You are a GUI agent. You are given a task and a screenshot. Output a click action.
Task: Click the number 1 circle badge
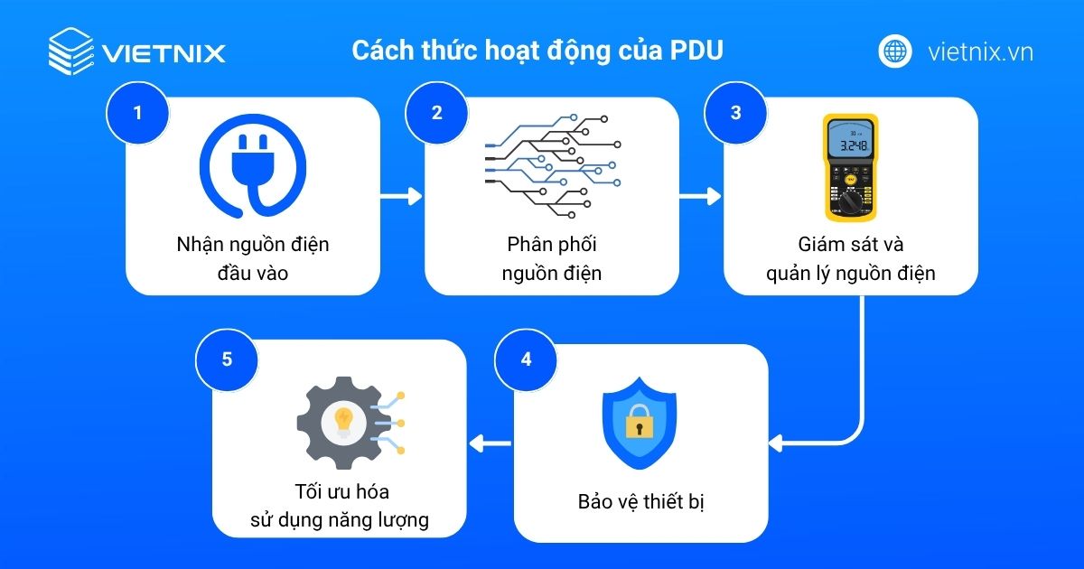pos(137,113)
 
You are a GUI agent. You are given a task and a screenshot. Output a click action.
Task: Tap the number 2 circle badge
pos(437,113)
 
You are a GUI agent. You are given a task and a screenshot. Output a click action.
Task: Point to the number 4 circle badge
pos(527,359)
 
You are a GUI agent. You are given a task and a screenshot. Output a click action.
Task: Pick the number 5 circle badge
pos(227,359)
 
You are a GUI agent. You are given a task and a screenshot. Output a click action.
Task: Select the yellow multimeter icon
pos(851,167)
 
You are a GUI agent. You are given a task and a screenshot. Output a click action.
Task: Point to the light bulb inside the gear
pos(343,419)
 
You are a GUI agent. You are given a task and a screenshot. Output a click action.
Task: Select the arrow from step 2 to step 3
pos(701,196)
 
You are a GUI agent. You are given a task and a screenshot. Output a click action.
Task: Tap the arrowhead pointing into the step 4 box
pos(776,443)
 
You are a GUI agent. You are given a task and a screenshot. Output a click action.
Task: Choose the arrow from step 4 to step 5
pos(490,443)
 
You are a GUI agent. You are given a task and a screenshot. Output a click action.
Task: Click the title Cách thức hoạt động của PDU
pos(537,51)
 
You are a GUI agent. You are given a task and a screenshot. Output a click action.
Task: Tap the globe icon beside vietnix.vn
pos(895,51)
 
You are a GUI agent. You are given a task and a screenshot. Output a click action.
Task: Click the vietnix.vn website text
pos(980,51)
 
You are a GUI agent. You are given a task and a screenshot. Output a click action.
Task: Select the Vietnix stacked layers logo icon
pos(70,51)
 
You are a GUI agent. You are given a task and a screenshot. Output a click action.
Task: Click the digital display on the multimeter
pos(850,142)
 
